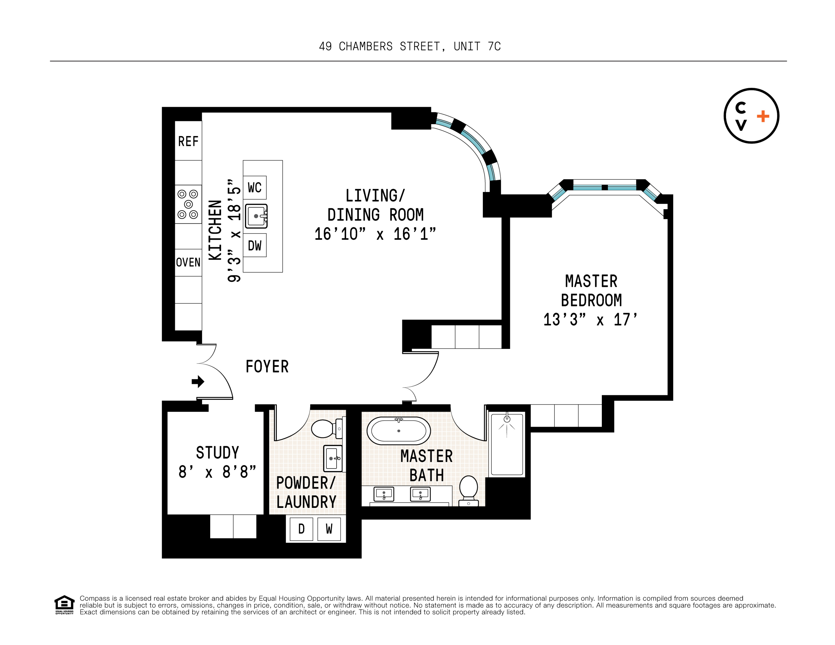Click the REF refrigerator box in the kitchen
click(188, 141)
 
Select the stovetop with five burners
click(188, 204)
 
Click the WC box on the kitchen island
click(255, 188)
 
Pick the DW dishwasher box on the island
click(255, 245)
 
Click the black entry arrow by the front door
click(198, 381)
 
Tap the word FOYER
click(267, 366)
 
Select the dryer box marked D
click(301, 529)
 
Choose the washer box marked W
click(329, 529)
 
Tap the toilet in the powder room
click(325, 429)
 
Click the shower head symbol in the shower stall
click(507, 419)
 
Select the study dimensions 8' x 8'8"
click(217, 472)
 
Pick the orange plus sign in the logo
click(763, 116)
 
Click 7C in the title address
click(494, 46)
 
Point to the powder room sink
click(333, 458)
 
